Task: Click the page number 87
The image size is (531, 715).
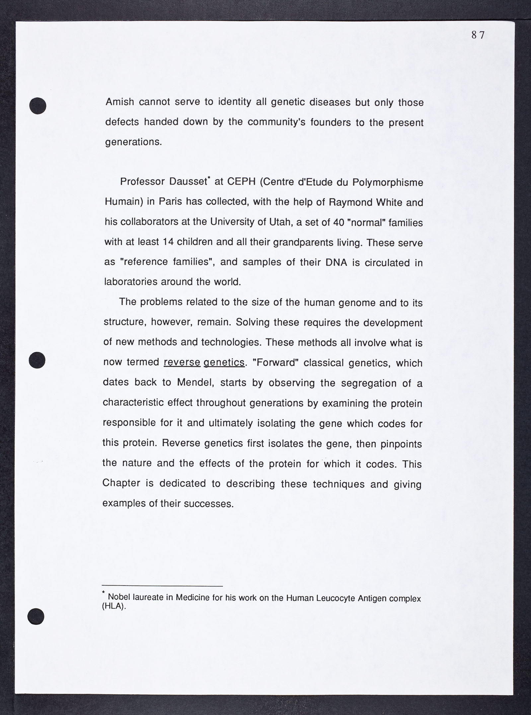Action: click(478, 35)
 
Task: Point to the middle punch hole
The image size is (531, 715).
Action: click(37, 360)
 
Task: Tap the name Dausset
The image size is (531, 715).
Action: click(188, 182)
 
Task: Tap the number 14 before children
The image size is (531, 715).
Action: click(168, 242)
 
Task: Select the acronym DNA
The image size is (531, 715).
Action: click(337, 263)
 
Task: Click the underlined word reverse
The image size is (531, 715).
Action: click(182, 362)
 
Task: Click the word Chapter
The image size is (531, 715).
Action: click(121, 483)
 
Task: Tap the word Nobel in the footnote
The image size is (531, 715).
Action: click(119, 597)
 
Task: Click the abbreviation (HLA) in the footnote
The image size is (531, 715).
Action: click(114, 606)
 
